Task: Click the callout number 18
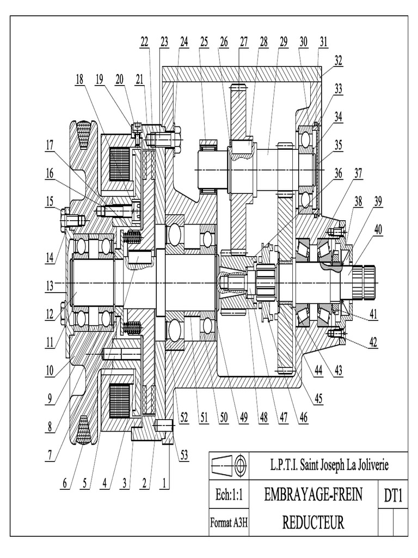click(x=79, y=80)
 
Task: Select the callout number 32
click(x=339, y=61)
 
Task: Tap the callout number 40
click(x=378, y=230)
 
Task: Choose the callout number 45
click(x=318, y=397)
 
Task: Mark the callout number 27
click(x=243, y=41)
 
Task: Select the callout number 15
click(x=50, y=202)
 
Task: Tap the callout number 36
click(x=339, y=174)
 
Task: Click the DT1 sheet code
click(x=392, y=496)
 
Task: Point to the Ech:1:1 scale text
click(x=229, y=495)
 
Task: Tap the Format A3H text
click(x=229, y=523)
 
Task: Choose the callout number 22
click(x=144, y=41)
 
